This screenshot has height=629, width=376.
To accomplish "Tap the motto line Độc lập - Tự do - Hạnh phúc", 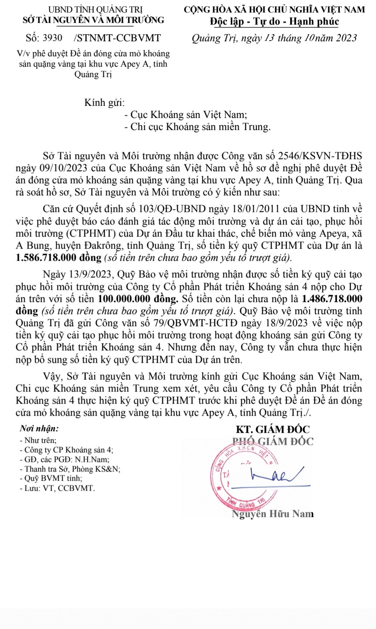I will (274, 22).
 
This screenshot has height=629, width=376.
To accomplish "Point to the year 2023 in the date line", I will (343, 38).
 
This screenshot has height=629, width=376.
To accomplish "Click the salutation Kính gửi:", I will (105, 102).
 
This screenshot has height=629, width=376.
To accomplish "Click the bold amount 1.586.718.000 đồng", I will (58, 257).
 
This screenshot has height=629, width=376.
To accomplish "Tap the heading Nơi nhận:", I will (39, 428).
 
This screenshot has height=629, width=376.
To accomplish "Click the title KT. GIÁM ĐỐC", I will (273, 429).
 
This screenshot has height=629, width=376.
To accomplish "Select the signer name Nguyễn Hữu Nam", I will (273, 514).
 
